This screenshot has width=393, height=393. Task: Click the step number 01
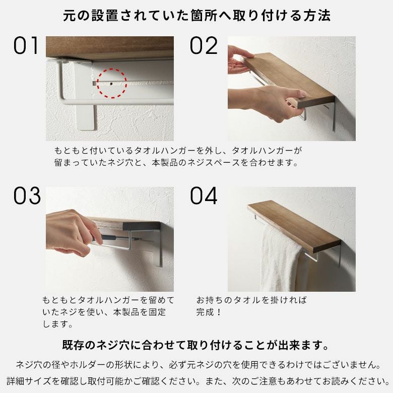pos(26,46)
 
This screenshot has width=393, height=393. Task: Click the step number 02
pos(203,46)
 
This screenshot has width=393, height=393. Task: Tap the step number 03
pos(26,196)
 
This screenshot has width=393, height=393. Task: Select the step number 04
pos(204,196)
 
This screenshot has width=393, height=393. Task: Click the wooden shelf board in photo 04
pos(293,225)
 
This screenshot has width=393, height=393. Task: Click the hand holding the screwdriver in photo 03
pos(71,232)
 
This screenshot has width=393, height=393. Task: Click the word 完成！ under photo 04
pos(209,312)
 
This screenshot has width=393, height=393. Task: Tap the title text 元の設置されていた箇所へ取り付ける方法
pos(197,16)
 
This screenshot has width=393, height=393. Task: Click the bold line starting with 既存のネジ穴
pos(196,345)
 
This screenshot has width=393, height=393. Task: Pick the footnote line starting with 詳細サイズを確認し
pos(196,380)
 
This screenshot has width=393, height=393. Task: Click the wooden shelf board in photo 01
pos(110,47)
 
